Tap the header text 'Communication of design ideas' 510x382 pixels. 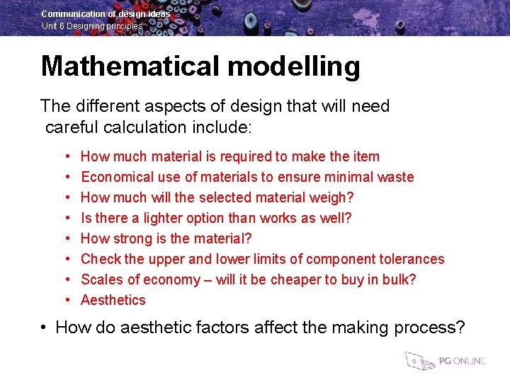click(x=106, y=13)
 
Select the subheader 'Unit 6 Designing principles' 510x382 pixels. click(x=92, y=26)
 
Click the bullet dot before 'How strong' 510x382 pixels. click(x=65, y=239)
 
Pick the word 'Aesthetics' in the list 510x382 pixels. click(x=113, y=300)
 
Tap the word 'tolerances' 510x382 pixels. click(x=408, y=259)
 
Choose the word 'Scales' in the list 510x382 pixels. click(x=101, y=279)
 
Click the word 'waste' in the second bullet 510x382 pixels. click(x=395, y=177)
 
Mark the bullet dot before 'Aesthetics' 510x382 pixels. click(x=65, y=301)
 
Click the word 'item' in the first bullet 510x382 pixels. click(x=365, y=156)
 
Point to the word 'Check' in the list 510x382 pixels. click(x=101, y=259)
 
